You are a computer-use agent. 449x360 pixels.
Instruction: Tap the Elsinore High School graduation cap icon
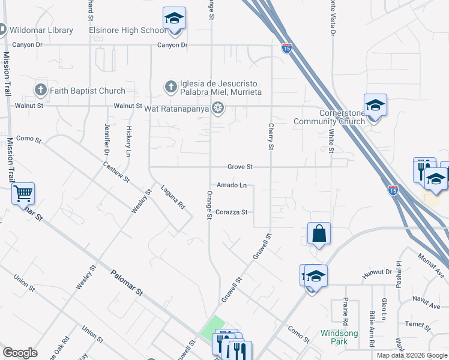[174, 19]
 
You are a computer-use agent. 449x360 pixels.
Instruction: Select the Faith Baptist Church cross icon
[41, 91]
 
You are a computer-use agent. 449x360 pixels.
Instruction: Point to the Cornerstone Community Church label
[329, 117]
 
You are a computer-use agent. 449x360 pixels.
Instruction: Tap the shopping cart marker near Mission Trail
[23, 194]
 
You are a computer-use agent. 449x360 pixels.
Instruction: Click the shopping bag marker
[319, 233]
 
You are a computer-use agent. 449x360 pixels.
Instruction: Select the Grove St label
[240, 167]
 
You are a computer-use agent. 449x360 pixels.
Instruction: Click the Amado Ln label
[232, 185]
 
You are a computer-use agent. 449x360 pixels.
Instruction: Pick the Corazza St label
[232, 212]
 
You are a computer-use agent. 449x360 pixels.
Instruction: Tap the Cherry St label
[271, 137]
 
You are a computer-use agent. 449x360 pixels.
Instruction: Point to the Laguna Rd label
[173, 197]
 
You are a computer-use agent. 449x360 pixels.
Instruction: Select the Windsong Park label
[339, 337]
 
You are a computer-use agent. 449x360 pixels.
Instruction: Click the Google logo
[20, 353]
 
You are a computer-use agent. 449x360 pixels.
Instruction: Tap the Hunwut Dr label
[377, 273]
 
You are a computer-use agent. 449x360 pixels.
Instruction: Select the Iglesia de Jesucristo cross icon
[170, 86]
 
